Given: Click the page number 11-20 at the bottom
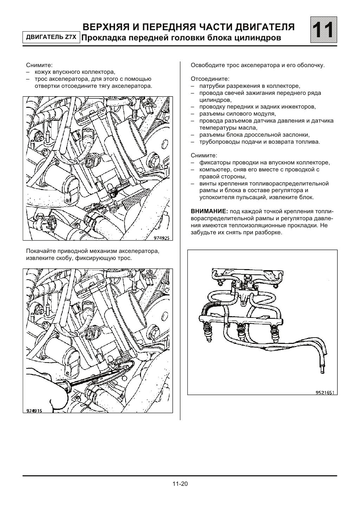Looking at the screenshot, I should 180,484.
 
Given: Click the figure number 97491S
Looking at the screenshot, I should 34,410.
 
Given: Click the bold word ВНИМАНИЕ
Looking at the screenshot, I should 209,211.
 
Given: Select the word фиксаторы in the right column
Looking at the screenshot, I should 214,163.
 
